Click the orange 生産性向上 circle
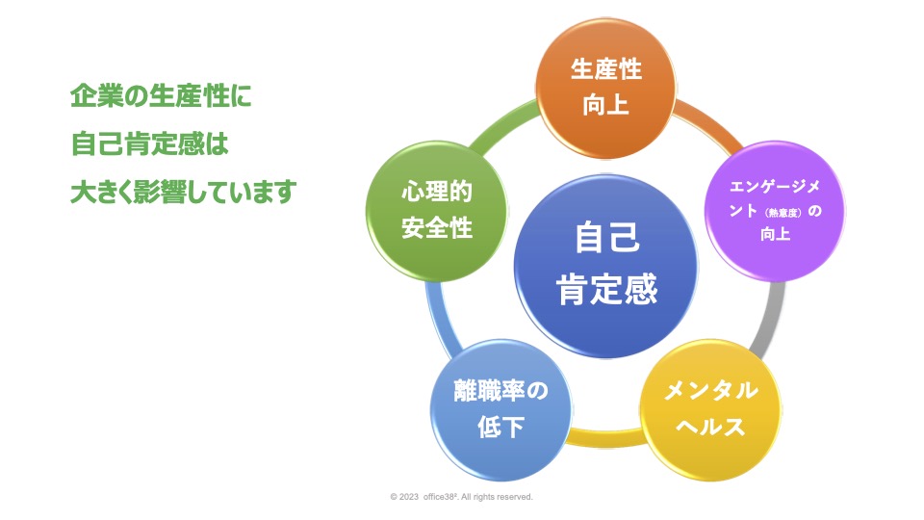tap(605, 88)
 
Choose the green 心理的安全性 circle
tap(436, 211)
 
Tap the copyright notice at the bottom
tap(461, 497)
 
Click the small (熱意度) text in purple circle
tap(778, 212)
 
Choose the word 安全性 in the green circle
tap(436, 229)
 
